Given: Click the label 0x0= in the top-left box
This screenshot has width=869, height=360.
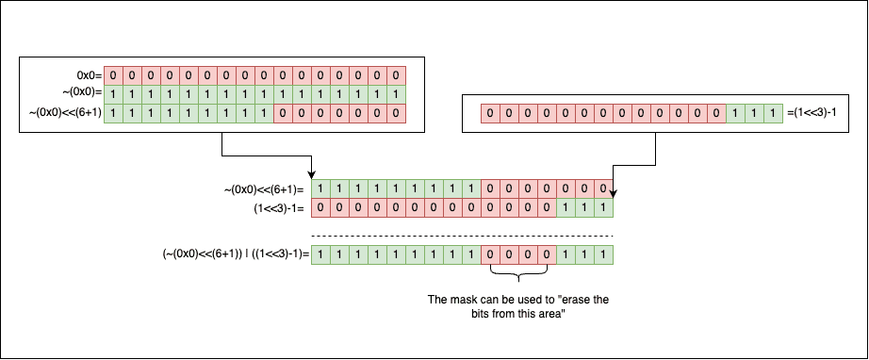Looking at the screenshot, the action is pyautogui.click(x=90, y=75).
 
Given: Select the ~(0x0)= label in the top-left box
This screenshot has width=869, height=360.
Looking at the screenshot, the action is pyautogui.click(x=83, y=94).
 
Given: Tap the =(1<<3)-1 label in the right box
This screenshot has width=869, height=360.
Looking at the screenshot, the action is pyautogui.click(x=811, y=113).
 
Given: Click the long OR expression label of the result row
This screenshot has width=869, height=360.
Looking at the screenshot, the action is pyautogui.click(x=236, y=254).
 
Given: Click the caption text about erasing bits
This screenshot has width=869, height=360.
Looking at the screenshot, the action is pyautogui.click(x=518, y=307).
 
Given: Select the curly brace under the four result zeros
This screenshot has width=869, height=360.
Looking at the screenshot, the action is pyautogui.click(x=519, y=273).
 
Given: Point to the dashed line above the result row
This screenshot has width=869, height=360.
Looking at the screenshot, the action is pyautogui.click(x=462, y=237).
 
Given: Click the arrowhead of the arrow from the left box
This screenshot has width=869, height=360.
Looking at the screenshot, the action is pyautogui.click(x=312, y=175).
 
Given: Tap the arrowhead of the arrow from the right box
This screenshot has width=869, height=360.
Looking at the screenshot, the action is pyautogui.click(x=613, y=194).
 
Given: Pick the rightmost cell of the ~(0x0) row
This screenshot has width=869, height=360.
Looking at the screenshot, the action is pyautogui.click(x=396, y=94).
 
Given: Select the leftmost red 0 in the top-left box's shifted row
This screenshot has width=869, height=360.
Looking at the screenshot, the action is pyautogui.click(x=283, y=113).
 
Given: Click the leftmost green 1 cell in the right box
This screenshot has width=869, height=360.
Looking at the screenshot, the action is pyautogui.click(x=735, y=113).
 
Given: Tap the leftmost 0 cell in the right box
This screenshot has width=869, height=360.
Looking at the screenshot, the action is pyautogui.click(x=490, y=113).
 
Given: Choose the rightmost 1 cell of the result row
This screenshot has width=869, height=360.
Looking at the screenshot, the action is pyautogui.click(x=603, y=254).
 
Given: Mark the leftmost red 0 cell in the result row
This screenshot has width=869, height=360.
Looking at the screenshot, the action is pyautogui.click(x=490, y=254).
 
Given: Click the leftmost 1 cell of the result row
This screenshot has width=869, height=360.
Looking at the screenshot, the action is pyautogui.click(x=320, y=254).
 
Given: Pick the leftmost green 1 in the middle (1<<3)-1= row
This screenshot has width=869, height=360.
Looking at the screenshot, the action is pyautogui.click(x=566, y=208).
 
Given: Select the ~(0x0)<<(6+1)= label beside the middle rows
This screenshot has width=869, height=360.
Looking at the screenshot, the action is pyautogui.click(x=264, y=189).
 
